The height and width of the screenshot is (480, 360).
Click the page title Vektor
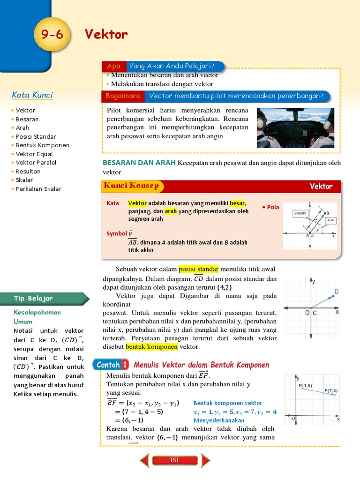click(x=106, y=35)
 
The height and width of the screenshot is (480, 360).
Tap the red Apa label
click(x=114, y=66)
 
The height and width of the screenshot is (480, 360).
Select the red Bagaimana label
click(x=124, y=96)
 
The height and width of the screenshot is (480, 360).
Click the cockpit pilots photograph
click(x=295, y=128)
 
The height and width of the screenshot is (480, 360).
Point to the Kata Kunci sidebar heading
click(x=32, y=95)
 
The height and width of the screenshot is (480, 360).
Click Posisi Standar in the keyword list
click(x=36, y=136)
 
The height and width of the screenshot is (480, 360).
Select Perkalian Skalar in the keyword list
click(x=38, y=189)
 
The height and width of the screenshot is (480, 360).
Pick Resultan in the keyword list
click(x=28, y=172)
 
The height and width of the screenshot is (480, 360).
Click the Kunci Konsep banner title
click(x=131, y=186)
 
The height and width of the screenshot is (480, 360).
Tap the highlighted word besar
click(x=237, y=203)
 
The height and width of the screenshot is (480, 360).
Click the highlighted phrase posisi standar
click(x=199, y=269)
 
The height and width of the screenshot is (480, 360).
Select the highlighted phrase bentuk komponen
click(x=151, y=347)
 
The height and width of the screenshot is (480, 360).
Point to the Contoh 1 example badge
click(x=112, y=365)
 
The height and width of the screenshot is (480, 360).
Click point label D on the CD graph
click(x=336, y=292)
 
